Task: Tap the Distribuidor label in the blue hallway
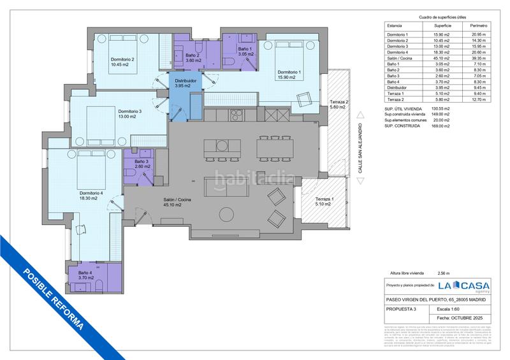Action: [x=187, y=83]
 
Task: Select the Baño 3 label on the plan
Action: [x=137, y=164]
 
